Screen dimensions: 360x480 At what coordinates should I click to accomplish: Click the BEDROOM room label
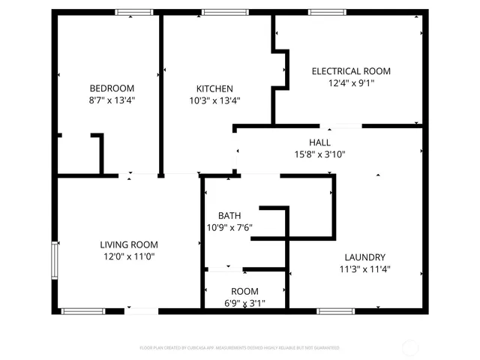pyautogui.click(x=112, y=88)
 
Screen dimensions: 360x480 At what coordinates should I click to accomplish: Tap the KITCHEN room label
pyautogui.click(x=214, y=88)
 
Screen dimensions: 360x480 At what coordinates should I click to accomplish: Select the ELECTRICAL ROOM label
pyautogui.click(x=351, y=71)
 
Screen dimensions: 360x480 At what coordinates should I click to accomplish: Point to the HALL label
pyautogui.click(x=319, y=142)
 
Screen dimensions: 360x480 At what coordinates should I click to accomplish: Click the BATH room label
pyautogui.click(x=229, y=216)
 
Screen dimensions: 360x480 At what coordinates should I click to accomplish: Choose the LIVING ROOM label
pyautogui.click(x=129, y=244)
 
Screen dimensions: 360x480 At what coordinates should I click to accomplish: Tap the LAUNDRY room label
pyautogui.click(x=364, y=256)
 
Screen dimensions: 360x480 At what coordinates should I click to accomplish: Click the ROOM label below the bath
pyautogui.click(x=244, y=292)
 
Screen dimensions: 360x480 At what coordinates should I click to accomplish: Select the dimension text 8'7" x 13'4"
pyautogui.click(x=112, y=100)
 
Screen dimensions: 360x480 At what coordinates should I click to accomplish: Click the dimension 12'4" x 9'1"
pyautogui.click(x=351, y=83)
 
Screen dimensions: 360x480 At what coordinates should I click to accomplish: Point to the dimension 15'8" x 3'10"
pyautogui.click(x=319, y=154)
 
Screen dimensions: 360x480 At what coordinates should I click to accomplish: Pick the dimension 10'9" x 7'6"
pyautogui.click(x=229, y=228)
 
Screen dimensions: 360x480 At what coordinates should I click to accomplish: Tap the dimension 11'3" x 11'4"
pyautogui.click(x=364, y=268)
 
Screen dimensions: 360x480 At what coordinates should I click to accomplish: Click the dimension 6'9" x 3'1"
pyautogui.click(x=244, y=304)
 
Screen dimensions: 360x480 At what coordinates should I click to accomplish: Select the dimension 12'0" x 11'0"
pyautogui.click(x=129, y=256)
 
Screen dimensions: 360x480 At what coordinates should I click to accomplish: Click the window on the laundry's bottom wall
pyautogui.click(x=331, y=310)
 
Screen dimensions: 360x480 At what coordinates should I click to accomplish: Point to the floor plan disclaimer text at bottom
pyautogui.click(x=240, y=348)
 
